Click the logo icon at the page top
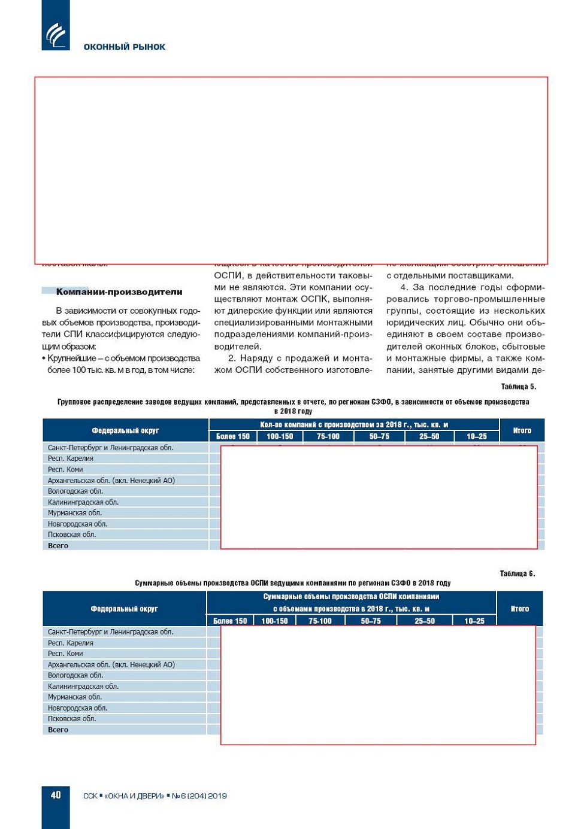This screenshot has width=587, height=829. click(56, 35)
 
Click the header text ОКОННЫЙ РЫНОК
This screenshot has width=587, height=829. click(124, 47)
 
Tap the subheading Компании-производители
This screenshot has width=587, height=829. click(119, 292)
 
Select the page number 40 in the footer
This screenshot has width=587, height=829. click(56, 795)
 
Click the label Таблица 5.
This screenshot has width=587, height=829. click(518, 387)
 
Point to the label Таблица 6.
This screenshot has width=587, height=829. click(517, 573)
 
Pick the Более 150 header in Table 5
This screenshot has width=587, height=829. click(233, 436)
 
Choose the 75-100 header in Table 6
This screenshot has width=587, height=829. click(320, 621)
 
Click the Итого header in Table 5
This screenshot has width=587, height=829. click(522, 430)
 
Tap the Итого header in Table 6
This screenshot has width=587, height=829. click(519, 609)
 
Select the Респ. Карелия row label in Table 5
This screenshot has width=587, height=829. click(71, 458)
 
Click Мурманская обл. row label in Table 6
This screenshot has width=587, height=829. click(75, 697)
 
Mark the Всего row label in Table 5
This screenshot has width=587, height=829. click(58, 546)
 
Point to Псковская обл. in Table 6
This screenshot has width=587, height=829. click(72, 719)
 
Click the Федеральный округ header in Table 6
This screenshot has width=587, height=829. click(124, 609)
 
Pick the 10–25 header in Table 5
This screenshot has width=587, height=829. click(477, 436)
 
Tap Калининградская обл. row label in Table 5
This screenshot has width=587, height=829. click(83, 502)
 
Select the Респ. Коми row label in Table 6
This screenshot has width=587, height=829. click(65, 654)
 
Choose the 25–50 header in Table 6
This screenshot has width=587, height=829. click(425, 621)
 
